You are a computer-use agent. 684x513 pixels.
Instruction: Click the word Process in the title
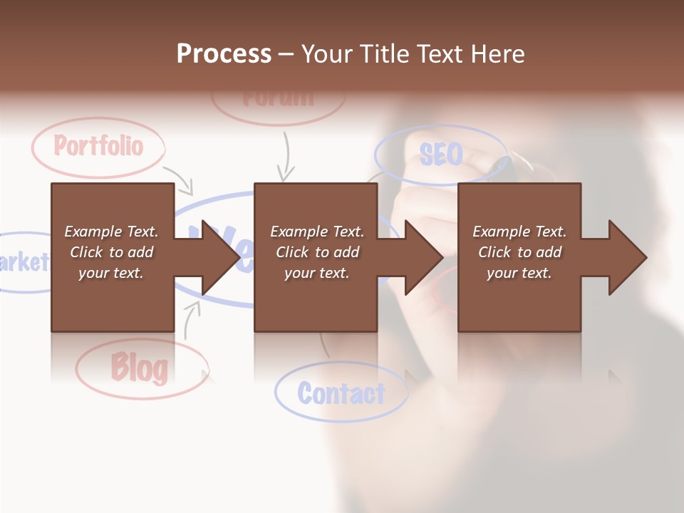[224, 54]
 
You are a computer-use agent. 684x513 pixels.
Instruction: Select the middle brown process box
[316, 299]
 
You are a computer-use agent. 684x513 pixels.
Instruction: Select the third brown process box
[519, 299]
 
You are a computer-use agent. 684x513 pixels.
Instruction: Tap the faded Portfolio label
[98, 146]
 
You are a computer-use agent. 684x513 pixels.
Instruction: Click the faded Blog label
[140, 368]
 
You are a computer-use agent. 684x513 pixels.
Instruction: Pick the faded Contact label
[341, 393]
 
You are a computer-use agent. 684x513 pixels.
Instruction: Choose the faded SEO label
[441, 154]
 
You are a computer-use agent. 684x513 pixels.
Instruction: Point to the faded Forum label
[278, 98]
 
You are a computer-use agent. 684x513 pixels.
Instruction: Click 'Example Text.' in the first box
[111, 232]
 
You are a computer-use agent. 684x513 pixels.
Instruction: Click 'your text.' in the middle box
[316, 273]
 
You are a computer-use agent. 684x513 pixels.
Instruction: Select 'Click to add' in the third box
[519, 252]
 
